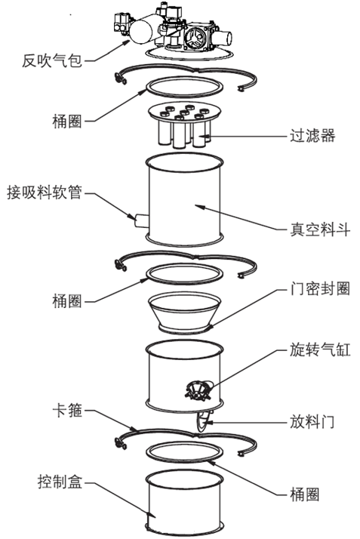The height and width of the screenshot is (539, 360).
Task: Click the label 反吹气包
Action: [x=52, y=61]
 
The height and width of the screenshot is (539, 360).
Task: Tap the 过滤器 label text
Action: [x=312, y=135]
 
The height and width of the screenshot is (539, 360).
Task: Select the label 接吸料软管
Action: [x=45, y=192]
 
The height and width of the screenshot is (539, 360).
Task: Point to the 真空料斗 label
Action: [x=320, y=229]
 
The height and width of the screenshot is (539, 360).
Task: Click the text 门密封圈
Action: [x=320, y=288]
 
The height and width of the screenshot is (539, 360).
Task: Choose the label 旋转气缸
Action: [x=320, y=350]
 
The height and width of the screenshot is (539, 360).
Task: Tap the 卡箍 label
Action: [x=67, y=410]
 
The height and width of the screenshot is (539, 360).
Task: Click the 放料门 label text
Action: [x=312, y=421]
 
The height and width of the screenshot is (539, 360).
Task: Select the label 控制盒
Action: [x=60, y=482]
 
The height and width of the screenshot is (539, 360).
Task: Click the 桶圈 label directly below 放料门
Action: [x=305, y=494]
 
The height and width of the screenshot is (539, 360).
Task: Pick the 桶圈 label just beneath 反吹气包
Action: [x=67, y=122]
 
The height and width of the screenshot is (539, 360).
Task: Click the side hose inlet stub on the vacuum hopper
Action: [x=141, y=220]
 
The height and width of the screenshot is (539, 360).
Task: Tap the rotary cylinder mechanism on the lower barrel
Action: [x=198, y=390]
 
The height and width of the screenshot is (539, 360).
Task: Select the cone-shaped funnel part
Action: [x=184, y=313]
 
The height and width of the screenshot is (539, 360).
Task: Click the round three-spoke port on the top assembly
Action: [x=195, y=37]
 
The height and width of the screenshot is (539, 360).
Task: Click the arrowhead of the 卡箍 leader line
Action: [x=134, y=429]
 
